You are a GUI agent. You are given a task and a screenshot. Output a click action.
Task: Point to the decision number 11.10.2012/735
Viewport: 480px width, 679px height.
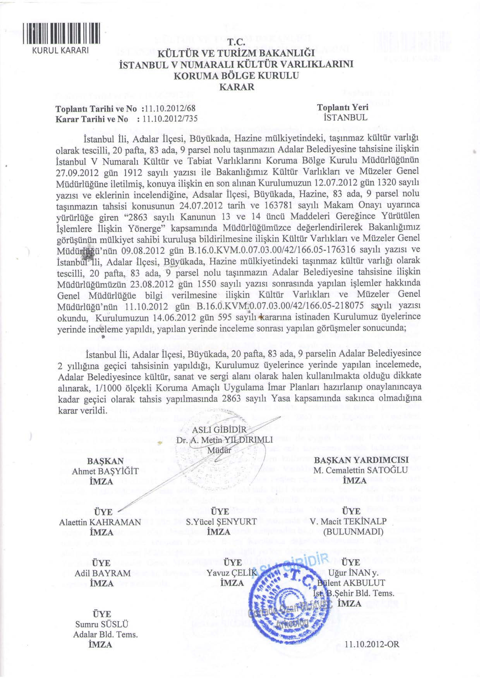coord(170,119)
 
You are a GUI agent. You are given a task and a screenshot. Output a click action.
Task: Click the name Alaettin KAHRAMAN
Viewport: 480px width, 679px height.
coord(100,522)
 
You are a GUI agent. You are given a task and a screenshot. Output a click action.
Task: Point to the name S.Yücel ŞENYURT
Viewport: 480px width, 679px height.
coord(221,522)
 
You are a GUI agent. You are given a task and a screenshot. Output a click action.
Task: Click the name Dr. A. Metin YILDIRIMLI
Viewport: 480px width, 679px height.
coord(224,440)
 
